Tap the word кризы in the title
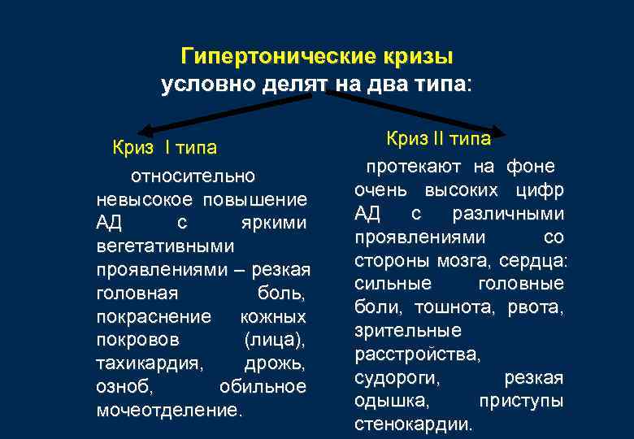415,58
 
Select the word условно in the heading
207,84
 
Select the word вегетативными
165,246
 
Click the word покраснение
154,315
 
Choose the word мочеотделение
169,410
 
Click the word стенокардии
413,424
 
